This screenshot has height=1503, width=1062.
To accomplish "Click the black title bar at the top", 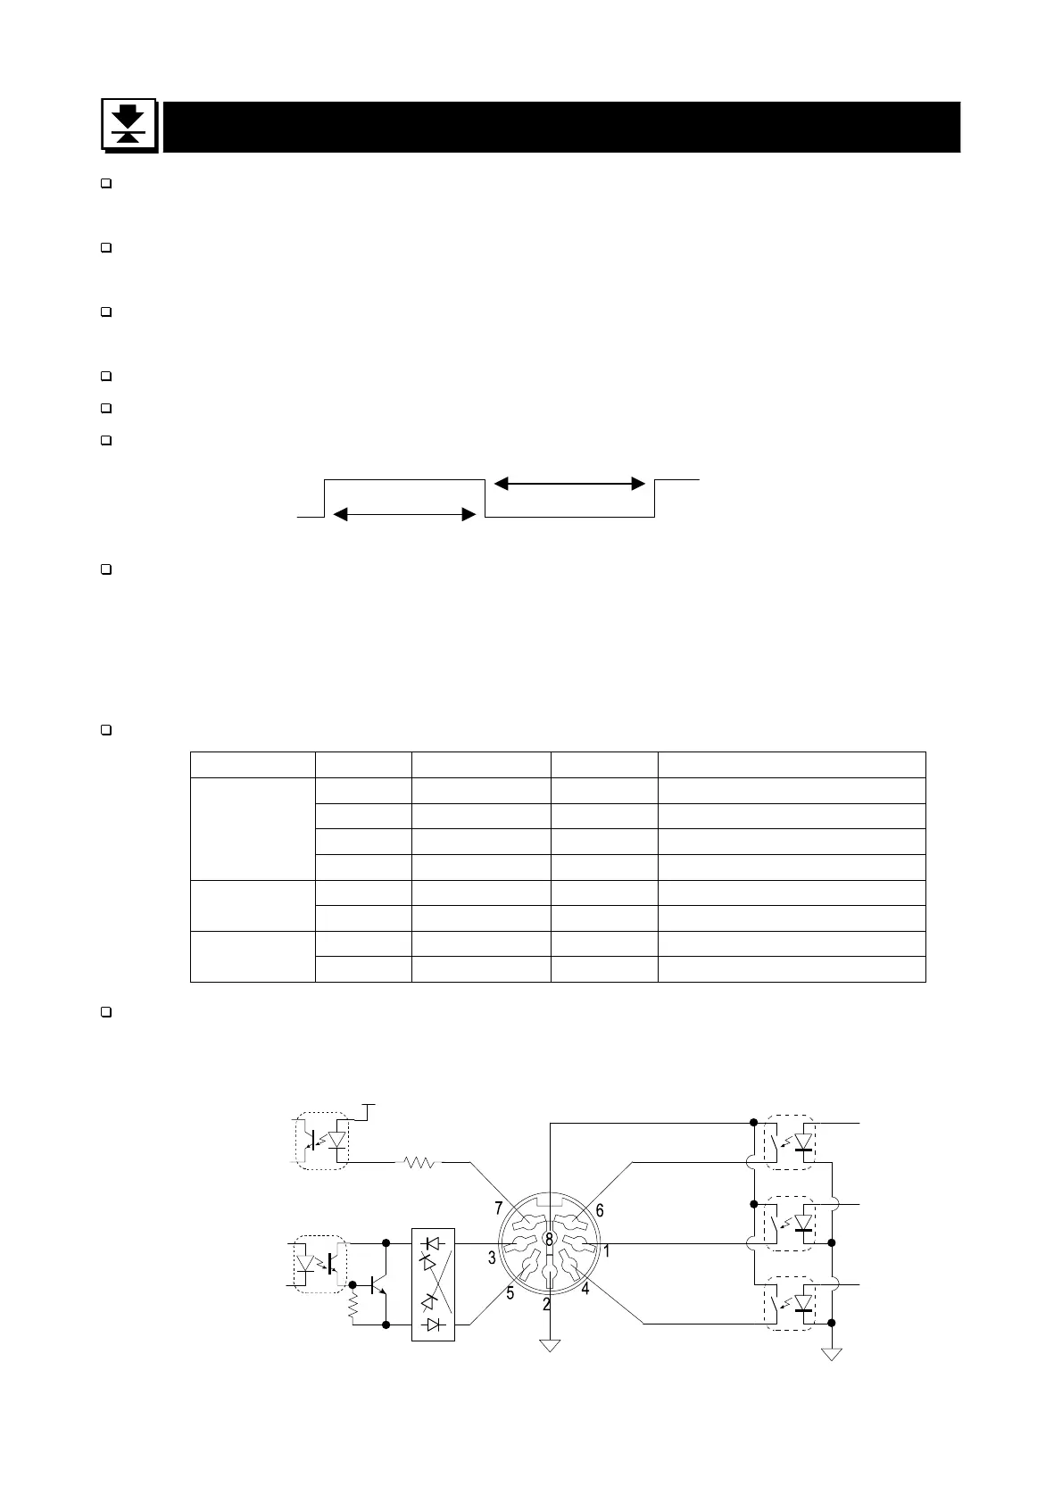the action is pos(560,127).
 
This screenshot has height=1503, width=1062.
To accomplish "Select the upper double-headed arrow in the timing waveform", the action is pos(568,484).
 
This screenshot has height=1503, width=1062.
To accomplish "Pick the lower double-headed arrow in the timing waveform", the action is pos(402,515).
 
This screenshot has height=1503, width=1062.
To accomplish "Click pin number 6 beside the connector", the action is pos(600,1210).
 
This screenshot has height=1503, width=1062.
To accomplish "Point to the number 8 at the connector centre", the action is pos(549,1239).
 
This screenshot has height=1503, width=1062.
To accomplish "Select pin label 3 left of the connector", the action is pos(491,1258).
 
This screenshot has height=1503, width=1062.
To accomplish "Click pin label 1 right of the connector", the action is pos(607,1251).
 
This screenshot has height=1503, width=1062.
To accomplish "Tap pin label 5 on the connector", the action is pos(510,1292).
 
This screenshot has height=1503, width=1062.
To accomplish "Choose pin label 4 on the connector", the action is pos(585,1289).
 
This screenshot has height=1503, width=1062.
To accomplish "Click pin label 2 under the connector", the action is pos(546,1304).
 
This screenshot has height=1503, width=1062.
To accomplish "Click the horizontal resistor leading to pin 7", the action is pos(419,1162).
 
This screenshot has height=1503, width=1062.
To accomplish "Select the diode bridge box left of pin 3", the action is pos(433,1284).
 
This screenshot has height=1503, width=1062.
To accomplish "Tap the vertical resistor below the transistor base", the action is pos(353,1308).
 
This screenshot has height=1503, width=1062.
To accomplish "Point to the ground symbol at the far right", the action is pos(832,1354).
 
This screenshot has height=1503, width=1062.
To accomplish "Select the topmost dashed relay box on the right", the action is pos(791,1142).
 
